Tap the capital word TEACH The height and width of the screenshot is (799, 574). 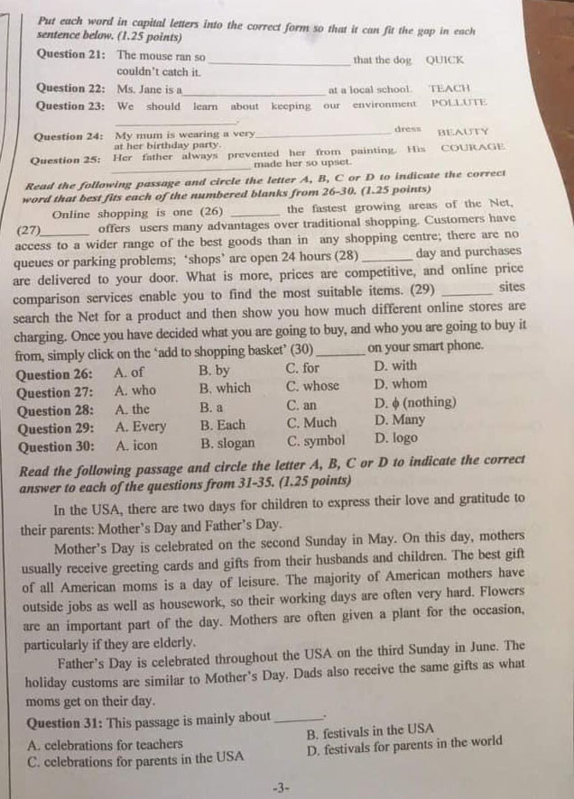tap(449, 89)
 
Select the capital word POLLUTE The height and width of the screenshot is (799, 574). tap(459, 105)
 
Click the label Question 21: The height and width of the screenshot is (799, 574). tap(71, 55)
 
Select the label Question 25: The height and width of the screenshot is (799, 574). tap(65, 160)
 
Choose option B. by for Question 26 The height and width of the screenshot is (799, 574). tap(215, 371)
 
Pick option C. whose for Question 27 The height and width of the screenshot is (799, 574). tap(313, 387)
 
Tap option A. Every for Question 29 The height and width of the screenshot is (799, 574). tap(141, 425)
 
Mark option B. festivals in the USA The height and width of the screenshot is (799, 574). tap(370, 730)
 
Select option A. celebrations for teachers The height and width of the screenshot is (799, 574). tap(106, 745)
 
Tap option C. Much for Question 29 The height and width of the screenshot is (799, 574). tap(311, 422)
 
